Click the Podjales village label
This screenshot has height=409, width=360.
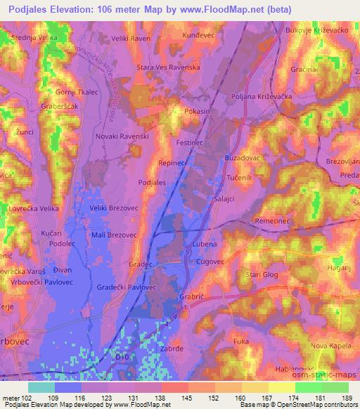152,182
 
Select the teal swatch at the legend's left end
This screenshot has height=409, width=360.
41,387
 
